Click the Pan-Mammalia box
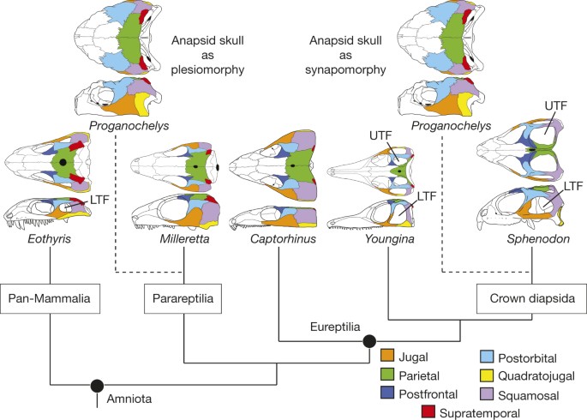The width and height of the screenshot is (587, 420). click(x=51, y=299)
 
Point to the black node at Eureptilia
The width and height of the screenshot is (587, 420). click(x=370, y=342)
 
